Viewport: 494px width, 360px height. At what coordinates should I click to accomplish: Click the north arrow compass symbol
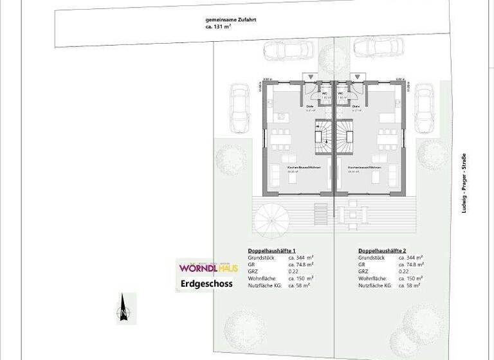[x=122, y=307]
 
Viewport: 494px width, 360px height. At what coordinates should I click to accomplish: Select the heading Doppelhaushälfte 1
[x=271, y=250]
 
